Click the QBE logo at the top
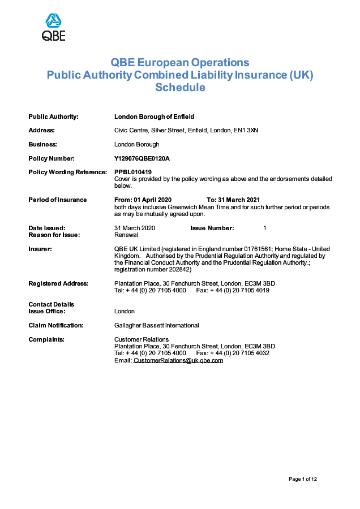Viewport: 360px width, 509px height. [54, 27]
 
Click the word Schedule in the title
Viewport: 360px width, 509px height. [180, 88]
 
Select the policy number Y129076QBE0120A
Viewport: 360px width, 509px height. [142, 158]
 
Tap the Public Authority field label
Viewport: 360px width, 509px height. [53, 117]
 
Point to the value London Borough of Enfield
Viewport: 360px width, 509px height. [154, 117]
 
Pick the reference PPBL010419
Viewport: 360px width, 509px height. [133, 172]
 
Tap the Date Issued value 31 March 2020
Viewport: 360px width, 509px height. [135, 228]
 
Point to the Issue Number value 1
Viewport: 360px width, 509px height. [265, 228]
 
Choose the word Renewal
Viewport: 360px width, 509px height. [126, 235]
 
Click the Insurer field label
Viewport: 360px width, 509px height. [40, 249]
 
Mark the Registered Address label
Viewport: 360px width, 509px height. [58, 283]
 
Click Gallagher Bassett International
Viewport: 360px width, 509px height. [157, 325]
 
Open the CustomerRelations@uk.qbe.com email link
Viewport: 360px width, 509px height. [178, 360]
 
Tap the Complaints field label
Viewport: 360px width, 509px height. [46, 339]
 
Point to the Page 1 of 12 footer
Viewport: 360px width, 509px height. [303, 479]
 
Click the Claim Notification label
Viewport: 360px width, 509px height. [55, 325]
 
